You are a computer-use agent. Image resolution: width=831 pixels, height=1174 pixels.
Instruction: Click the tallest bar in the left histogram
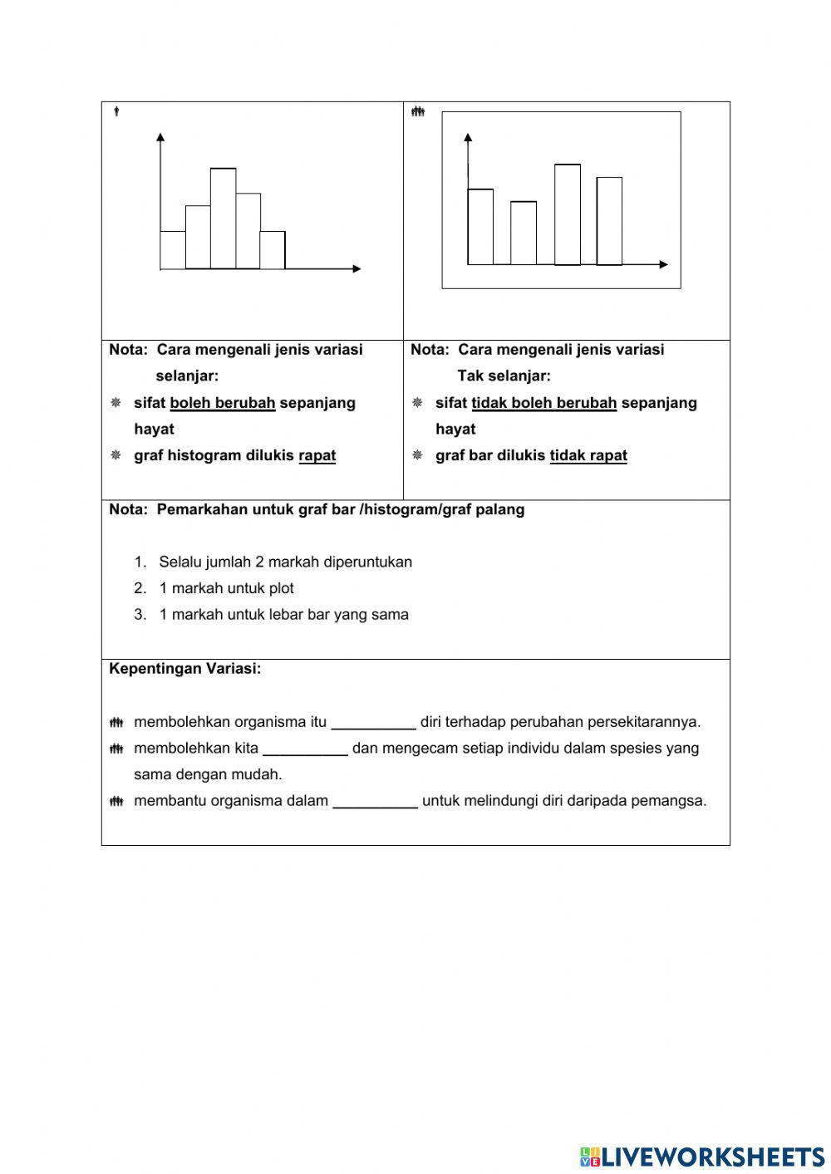coord(223,219)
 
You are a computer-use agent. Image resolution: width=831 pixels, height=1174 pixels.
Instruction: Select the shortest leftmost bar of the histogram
coord(173,250)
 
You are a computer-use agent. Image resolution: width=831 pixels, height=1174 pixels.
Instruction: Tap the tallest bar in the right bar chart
coord(568,214)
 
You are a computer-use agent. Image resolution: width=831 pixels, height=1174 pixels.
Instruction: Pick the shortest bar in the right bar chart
coord(524,233)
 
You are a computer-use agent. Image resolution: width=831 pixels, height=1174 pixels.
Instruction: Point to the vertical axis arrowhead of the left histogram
coord(160,136)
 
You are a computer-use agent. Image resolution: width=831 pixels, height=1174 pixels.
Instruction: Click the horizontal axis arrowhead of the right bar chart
coord(663,264)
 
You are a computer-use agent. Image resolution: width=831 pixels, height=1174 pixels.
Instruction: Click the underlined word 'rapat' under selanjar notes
coord(317,455)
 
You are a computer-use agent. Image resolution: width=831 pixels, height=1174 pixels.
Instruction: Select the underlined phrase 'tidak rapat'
coord(588,455)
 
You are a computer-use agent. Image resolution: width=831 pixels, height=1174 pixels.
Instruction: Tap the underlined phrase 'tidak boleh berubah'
coord(544,403)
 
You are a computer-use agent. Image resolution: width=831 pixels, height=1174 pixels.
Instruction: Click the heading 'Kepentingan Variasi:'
coord(185,669)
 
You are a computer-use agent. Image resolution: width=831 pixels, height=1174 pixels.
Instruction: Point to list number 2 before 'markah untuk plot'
coord(140,588)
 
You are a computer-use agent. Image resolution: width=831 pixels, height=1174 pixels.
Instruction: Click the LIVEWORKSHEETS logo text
coord(711,1156)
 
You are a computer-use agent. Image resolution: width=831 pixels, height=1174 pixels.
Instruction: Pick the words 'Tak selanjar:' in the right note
coord(504,376)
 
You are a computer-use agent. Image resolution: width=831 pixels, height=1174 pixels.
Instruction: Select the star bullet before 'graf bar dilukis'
coord(417,455)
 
